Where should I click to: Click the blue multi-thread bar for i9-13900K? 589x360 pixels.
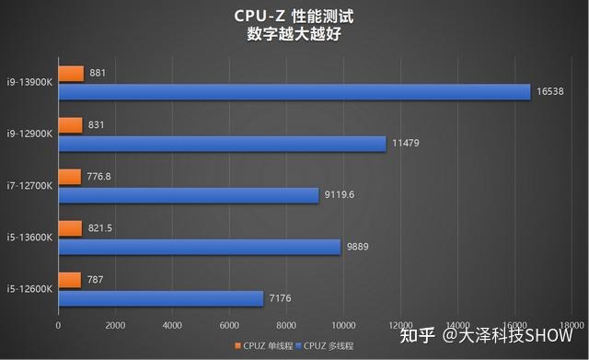pos(294,92)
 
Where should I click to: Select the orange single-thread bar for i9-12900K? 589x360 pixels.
pos(70,124)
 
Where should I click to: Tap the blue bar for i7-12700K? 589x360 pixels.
pos(188,195)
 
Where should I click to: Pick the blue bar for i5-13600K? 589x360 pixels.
pos(199,247)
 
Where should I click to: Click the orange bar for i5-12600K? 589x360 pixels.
pos(69,280)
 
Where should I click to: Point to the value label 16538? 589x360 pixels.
pos(552,92)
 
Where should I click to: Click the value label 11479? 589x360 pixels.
pos(408,144)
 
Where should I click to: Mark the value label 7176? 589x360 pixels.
pos(282,298)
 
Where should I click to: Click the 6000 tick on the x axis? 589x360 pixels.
pos(229,326)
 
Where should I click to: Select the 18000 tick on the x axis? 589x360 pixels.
pos(572,326)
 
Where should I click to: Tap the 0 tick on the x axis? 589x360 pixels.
pos(58,326)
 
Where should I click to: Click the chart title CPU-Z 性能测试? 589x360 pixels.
pos(294,17)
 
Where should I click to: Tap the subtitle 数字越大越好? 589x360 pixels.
pos(294,35)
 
